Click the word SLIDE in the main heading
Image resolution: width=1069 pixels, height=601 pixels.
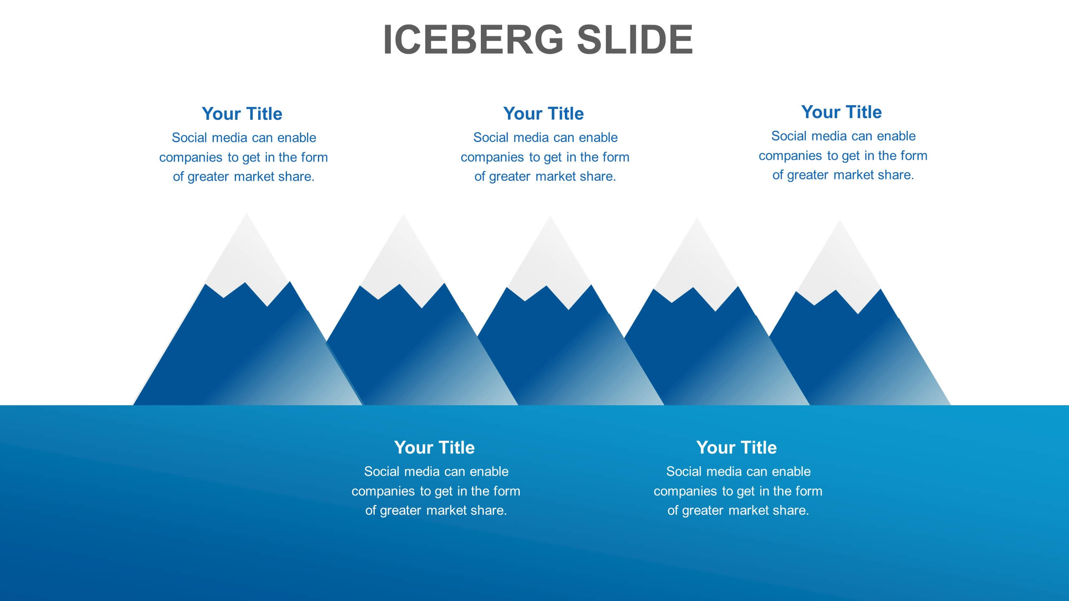pyautogui.click(x=635, y=40)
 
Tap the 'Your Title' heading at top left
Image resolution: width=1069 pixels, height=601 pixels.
pyautogui.click(x=242, y=114)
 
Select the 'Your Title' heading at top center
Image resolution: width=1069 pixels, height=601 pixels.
pyautogui.click(x=543, y=114)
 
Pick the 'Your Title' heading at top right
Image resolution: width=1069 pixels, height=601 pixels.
pyautogui.click(x=841, y=112)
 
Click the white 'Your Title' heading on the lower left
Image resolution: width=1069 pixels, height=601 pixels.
pyautogui.click(x=434, y=447)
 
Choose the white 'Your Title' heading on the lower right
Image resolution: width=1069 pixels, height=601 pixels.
pyautogui.click(x=736, y=447)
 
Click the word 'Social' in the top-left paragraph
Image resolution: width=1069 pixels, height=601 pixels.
pyautogui.click(x=190, y=138)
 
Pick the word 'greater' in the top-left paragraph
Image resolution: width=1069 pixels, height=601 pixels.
pyautogui.click(x=208, y=177)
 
